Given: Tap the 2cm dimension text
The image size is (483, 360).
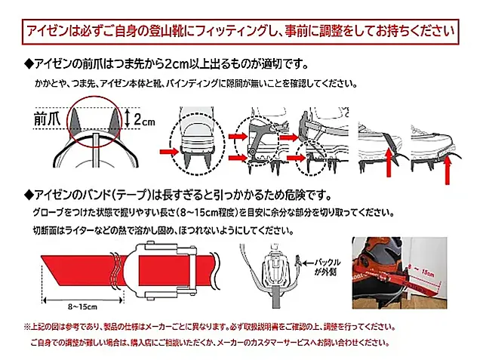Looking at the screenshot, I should [146, 118].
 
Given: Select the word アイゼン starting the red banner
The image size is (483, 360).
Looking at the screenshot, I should [47, 32].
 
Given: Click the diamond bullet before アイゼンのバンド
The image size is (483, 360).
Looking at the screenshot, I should [29, 193].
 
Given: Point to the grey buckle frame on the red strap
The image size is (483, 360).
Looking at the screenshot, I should [160, 267].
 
